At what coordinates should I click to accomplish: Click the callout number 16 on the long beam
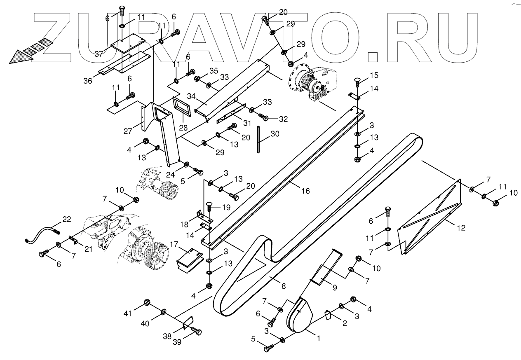click(x=305, y=191)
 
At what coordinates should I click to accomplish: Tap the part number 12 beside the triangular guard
click(x=460, y=227)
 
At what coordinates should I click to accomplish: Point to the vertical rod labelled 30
click(x=258, y=140)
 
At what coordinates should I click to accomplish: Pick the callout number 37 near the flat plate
click(x=99, y=54)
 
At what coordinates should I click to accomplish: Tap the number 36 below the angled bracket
click(x=87, y=81)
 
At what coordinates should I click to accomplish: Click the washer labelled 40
click(x=164, y=311)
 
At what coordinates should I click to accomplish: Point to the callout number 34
click(x=191, y=96)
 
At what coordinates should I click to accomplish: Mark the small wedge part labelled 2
click(x=328, y=315)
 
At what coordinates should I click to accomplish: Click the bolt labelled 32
click(x=266, y=119)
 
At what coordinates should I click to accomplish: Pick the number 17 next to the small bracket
click(x=172, y=245)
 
